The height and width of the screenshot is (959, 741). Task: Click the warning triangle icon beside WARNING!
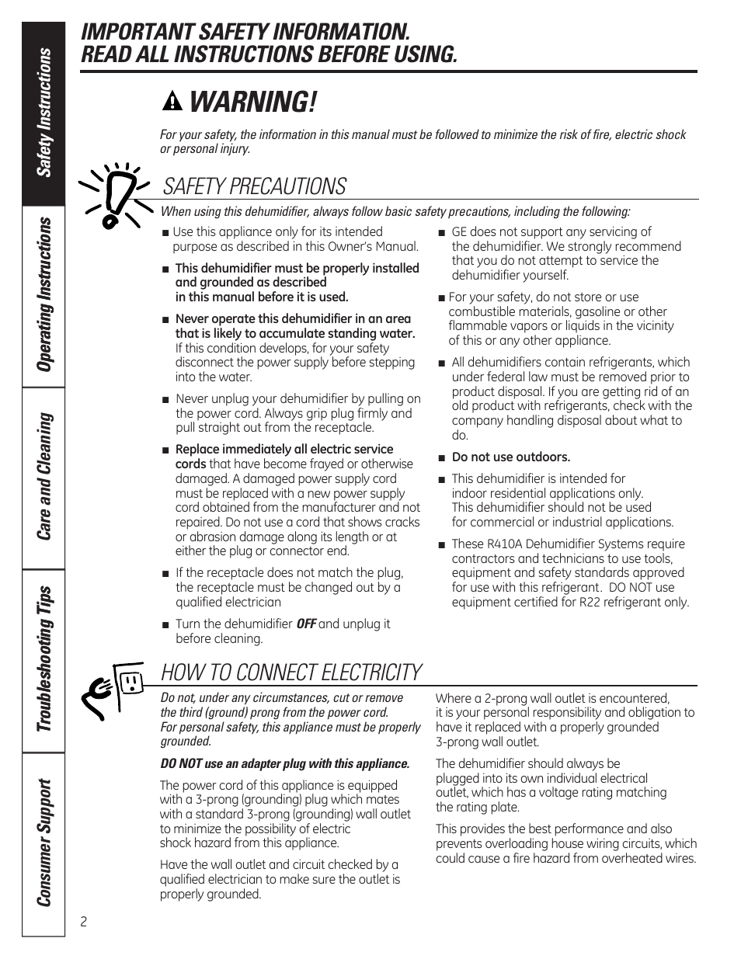[173, 103]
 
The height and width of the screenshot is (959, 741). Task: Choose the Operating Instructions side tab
[44, 295]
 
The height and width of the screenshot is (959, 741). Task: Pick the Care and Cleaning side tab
[44, 475]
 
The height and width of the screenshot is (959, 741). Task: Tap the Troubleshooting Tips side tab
[44, 658]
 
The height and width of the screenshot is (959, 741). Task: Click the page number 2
[84, 922]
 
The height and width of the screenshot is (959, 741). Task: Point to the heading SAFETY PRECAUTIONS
[255, 186]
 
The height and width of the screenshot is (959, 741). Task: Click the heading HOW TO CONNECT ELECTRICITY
[291, 672]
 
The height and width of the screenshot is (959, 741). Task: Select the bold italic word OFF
[306, 624]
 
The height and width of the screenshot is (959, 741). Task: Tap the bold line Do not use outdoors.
[510, 457]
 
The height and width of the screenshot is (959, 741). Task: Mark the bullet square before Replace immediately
[165, 450]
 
